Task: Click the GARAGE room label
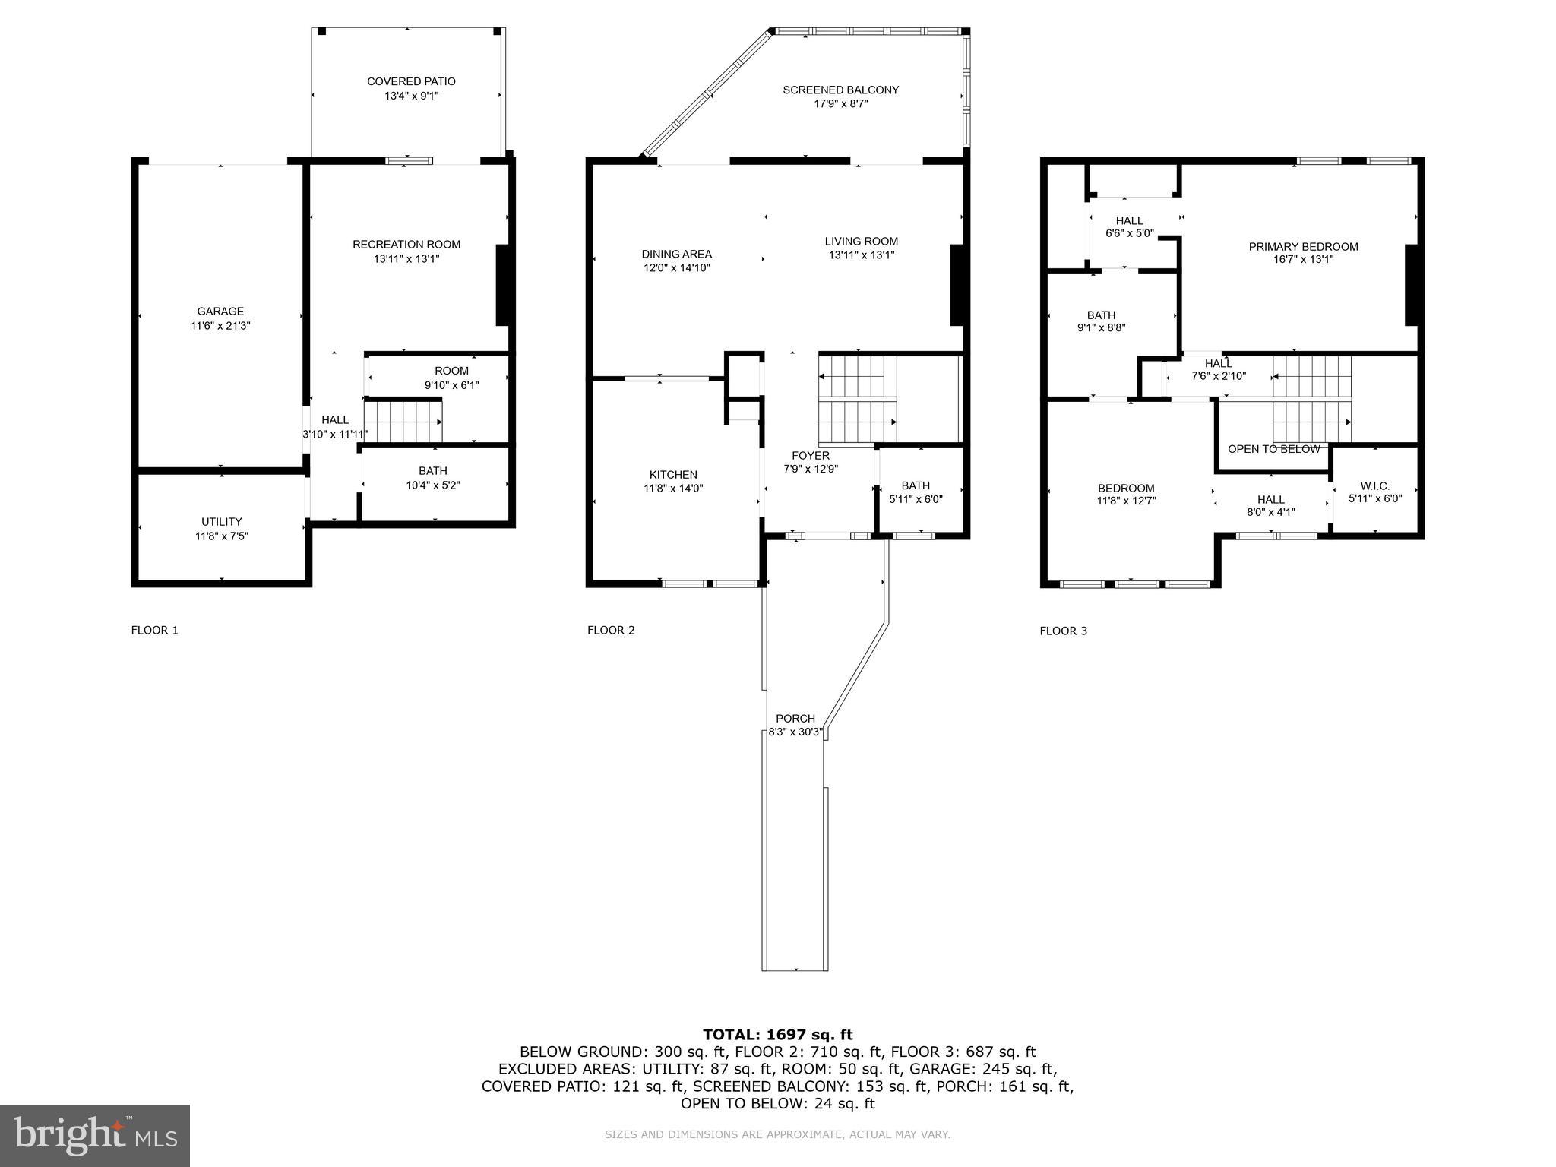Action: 220,312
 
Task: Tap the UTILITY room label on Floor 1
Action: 221,522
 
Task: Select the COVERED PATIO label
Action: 411,81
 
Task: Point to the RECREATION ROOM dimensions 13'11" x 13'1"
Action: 406,258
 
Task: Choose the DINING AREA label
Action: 676,254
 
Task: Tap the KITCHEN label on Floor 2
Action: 673,475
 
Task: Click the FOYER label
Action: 811,456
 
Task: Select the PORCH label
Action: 795,719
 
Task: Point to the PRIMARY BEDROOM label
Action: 1303,246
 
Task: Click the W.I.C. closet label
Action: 1374,486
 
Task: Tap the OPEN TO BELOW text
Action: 1273,449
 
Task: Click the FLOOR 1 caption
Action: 154,630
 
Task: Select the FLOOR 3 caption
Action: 1063,631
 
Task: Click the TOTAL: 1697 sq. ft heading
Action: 777,1034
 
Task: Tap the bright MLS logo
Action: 95,1136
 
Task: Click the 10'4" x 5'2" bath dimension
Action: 432,485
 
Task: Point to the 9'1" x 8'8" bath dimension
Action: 1101,328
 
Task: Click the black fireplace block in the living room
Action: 957,285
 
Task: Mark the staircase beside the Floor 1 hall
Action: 403,422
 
